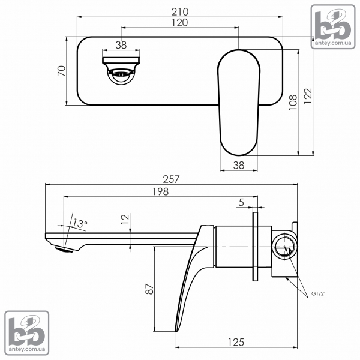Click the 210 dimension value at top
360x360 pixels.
coord(180,12)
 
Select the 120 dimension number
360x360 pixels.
coord(180,23)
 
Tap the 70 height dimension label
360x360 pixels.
coord(62,71)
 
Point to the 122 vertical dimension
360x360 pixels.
coord(308,96)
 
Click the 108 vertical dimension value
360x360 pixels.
coord(293,102)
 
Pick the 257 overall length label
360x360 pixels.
coord(171,179)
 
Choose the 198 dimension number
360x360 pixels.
coord(161,191)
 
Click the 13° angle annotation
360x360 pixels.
coord(80,223)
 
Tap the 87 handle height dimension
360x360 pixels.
coord(149,289)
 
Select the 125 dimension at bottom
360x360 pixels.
coord(236,343)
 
